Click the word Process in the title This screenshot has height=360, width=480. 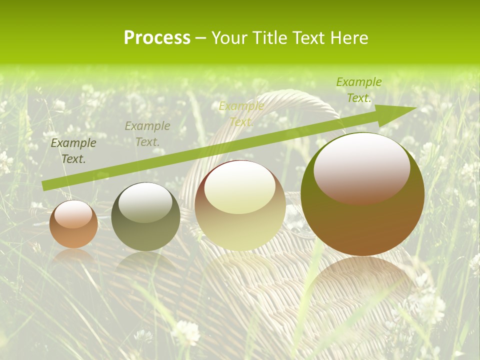tap(157, 38)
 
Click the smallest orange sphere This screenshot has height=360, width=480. tap(73, 224)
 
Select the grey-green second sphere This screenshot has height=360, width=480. tap(145, 217)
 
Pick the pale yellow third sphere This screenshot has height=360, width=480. tap(240, 206)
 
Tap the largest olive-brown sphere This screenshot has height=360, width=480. tap(362, 194)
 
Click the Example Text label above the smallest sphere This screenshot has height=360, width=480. tap(73, 150)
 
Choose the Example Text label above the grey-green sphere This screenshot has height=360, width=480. tap(147, 133)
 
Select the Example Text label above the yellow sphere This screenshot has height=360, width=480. tap(241, 113)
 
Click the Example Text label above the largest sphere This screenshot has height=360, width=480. tap(358, 89)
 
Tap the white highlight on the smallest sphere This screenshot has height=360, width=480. tap(73, 214)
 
